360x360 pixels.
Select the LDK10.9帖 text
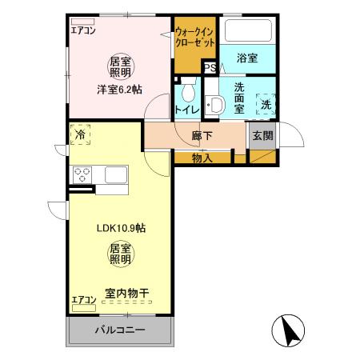(120, 227)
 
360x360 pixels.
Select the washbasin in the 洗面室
(214, 105)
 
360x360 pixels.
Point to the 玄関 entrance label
(262, 136)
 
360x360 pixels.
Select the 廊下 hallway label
(202, 136)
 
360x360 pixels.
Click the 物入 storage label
(202, 158)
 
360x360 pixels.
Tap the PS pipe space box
(210, 68)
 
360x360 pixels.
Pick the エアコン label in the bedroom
(82, 32)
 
